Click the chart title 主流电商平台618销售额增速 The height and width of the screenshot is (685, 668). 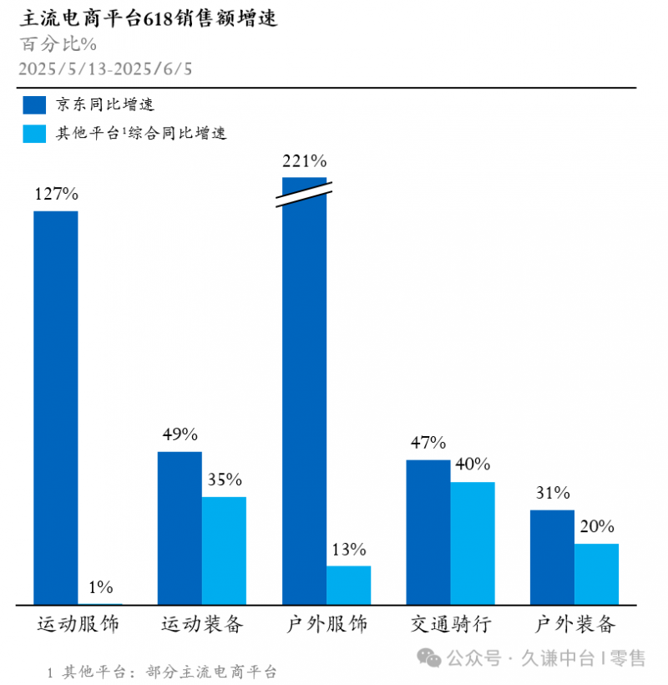point(149,18)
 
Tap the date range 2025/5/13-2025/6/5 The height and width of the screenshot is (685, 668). point(105,68)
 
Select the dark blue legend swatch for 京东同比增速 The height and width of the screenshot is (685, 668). point(34,104)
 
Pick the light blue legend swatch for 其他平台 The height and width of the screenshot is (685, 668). point(34,133)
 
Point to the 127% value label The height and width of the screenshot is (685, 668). point(56,194)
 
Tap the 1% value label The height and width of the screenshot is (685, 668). point(100,587)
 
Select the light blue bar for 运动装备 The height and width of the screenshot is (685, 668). point(224,550)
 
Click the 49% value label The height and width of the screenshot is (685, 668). point(180,434)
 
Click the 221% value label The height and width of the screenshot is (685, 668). point(304,160)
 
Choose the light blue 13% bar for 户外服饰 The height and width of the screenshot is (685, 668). point(348,585)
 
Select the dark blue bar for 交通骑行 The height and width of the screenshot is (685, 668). point(428,531)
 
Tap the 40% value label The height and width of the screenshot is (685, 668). point(473,464)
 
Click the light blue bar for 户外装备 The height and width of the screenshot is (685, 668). point(596,573)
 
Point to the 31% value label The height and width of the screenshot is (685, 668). point(552,493)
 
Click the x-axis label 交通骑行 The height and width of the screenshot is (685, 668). point(450,624)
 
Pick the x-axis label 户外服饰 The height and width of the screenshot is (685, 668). point(326,624)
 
